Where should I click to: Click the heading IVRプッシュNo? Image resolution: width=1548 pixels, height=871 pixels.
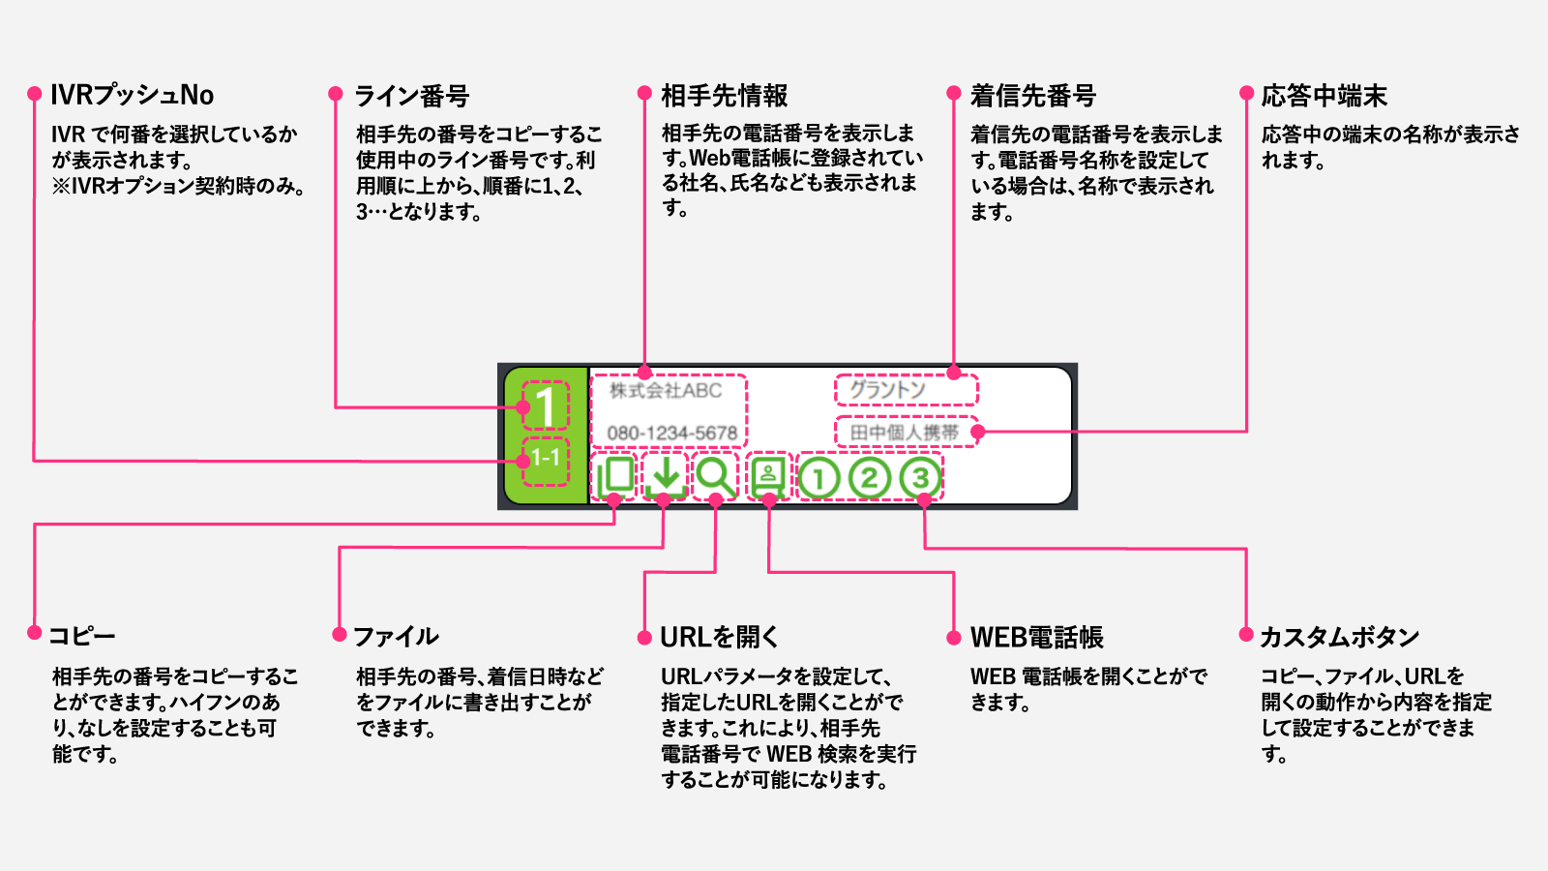pyautogui.click(x=132, y=95)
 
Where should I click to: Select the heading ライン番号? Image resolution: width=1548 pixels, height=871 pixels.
pyautogui.click(x=411, y=96)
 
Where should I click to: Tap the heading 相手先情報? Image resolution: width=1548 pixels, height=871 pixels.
pyautogui.click(x=724, y=96)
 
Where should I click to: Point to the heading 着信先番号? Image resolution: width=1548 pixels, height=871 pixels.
pyautogui.click(x=1032, y=96)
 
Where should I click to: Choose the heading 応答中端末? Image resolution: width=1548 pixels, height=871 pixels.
pyautogui.click(x=1324, y=96)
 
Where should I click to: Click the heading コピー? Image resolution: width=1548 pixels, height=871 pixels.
pyautogui.click(x=81, y=636)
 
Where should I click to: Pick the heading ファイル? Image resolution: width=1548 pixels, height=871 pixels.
pyautogui.click(x=396, y=636)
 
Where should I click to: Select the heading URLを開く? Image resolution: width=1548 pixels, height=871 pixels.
pyautogui.click(x=719, y=637)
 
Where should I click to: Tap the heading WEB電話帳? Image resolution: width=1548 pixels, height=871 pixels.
pyautogui.click(x=1036, y=637)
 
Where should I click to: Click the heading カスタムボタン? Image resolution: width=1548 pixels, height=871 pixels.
pyautogui.click(x=1339, y=637)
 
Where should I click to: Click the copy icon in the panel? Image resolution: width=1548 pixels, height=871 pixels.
pyautogui.click(x=615, y=476)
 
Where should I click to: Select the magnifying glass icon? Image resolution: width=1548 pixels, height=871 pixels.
pyautogui.click(x=715, y=476)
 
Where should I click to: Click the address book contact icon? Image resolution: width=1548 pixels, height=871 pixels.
pyautogui.click(x=768, y=476)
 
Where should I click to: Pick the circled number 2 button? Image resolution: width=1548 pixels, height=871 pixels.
pyautogui.click(x=869, y=477)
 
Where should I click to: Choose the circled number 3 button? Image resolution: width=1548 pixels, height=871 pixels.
pyautogui.click(x=919, y=477)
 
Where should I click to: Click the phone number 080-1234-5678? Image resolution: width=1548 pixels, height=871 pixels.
pyautogui.click(x=671, y=433)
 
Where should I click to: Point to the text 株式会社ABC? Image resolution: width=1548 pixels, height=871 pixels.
pyautogui.click(x=666, y=391)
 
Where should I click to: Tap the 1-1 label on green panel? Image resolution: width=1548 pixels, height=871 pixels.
pyautogui.click(x=546, y=457)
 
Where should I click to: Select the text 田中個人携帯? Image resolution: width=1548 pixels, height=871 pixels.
pyautogui.click(x=904, y=433)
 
